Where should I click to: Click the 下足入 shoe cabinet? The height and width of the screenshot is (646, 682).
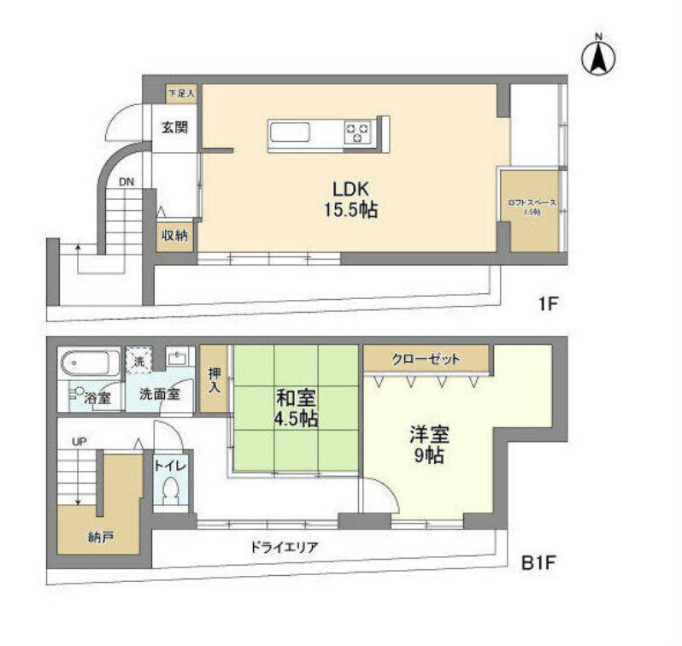(181, 92)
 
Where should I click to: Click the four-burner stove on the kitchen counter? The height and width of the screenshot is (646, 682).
(357, 132)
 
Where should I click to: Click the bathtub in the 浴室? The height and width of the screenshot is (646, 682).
(90, 364)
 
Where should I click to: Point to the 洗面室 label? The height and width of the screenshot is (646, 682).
(160, 396)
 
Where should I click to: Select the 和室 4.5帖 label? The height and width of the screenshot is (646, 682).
(296, 408)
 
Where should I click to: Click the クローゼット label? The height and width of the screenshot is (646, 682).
(426, 359)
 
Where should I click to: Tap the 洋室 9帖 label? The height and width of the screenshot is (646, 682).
(427, 444)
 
